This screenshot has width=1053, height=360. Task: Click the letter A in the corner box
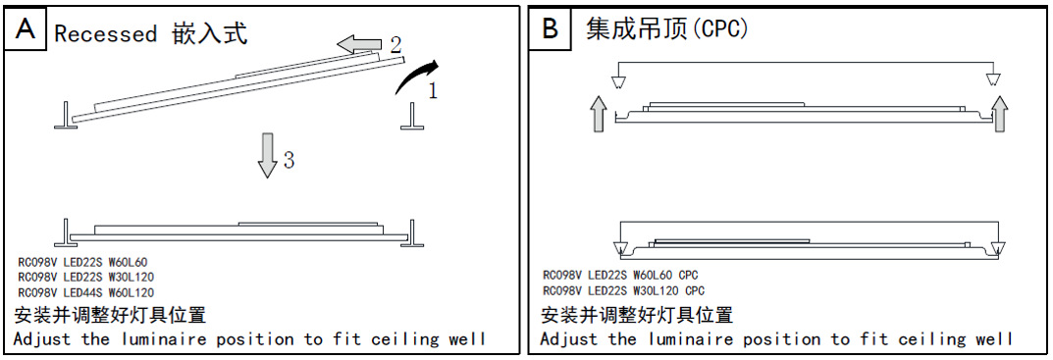(25, 29)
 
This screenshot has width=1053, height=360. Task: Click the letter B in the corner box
(550, 30)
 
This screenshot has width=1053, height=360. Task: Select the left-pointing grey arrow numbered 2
(358, 45)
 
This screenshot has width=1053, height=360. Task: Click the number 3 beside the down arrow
(289, 160)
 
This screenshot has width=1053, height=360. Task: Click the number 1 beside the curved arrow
(433, 90)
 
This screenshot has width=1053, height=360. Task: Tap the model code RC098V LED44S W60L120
(86, 293)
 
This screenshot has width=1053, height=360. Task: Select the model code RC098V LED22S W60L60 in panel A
(82, 262)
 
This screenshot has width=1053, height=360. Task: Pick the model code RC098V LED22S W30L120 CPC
(624, 290)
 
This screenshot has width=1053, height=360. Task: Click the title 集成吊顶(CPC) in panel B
(666, 29)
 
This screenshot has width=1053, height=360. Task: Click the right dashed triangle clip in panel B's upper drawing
(993, 79)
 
